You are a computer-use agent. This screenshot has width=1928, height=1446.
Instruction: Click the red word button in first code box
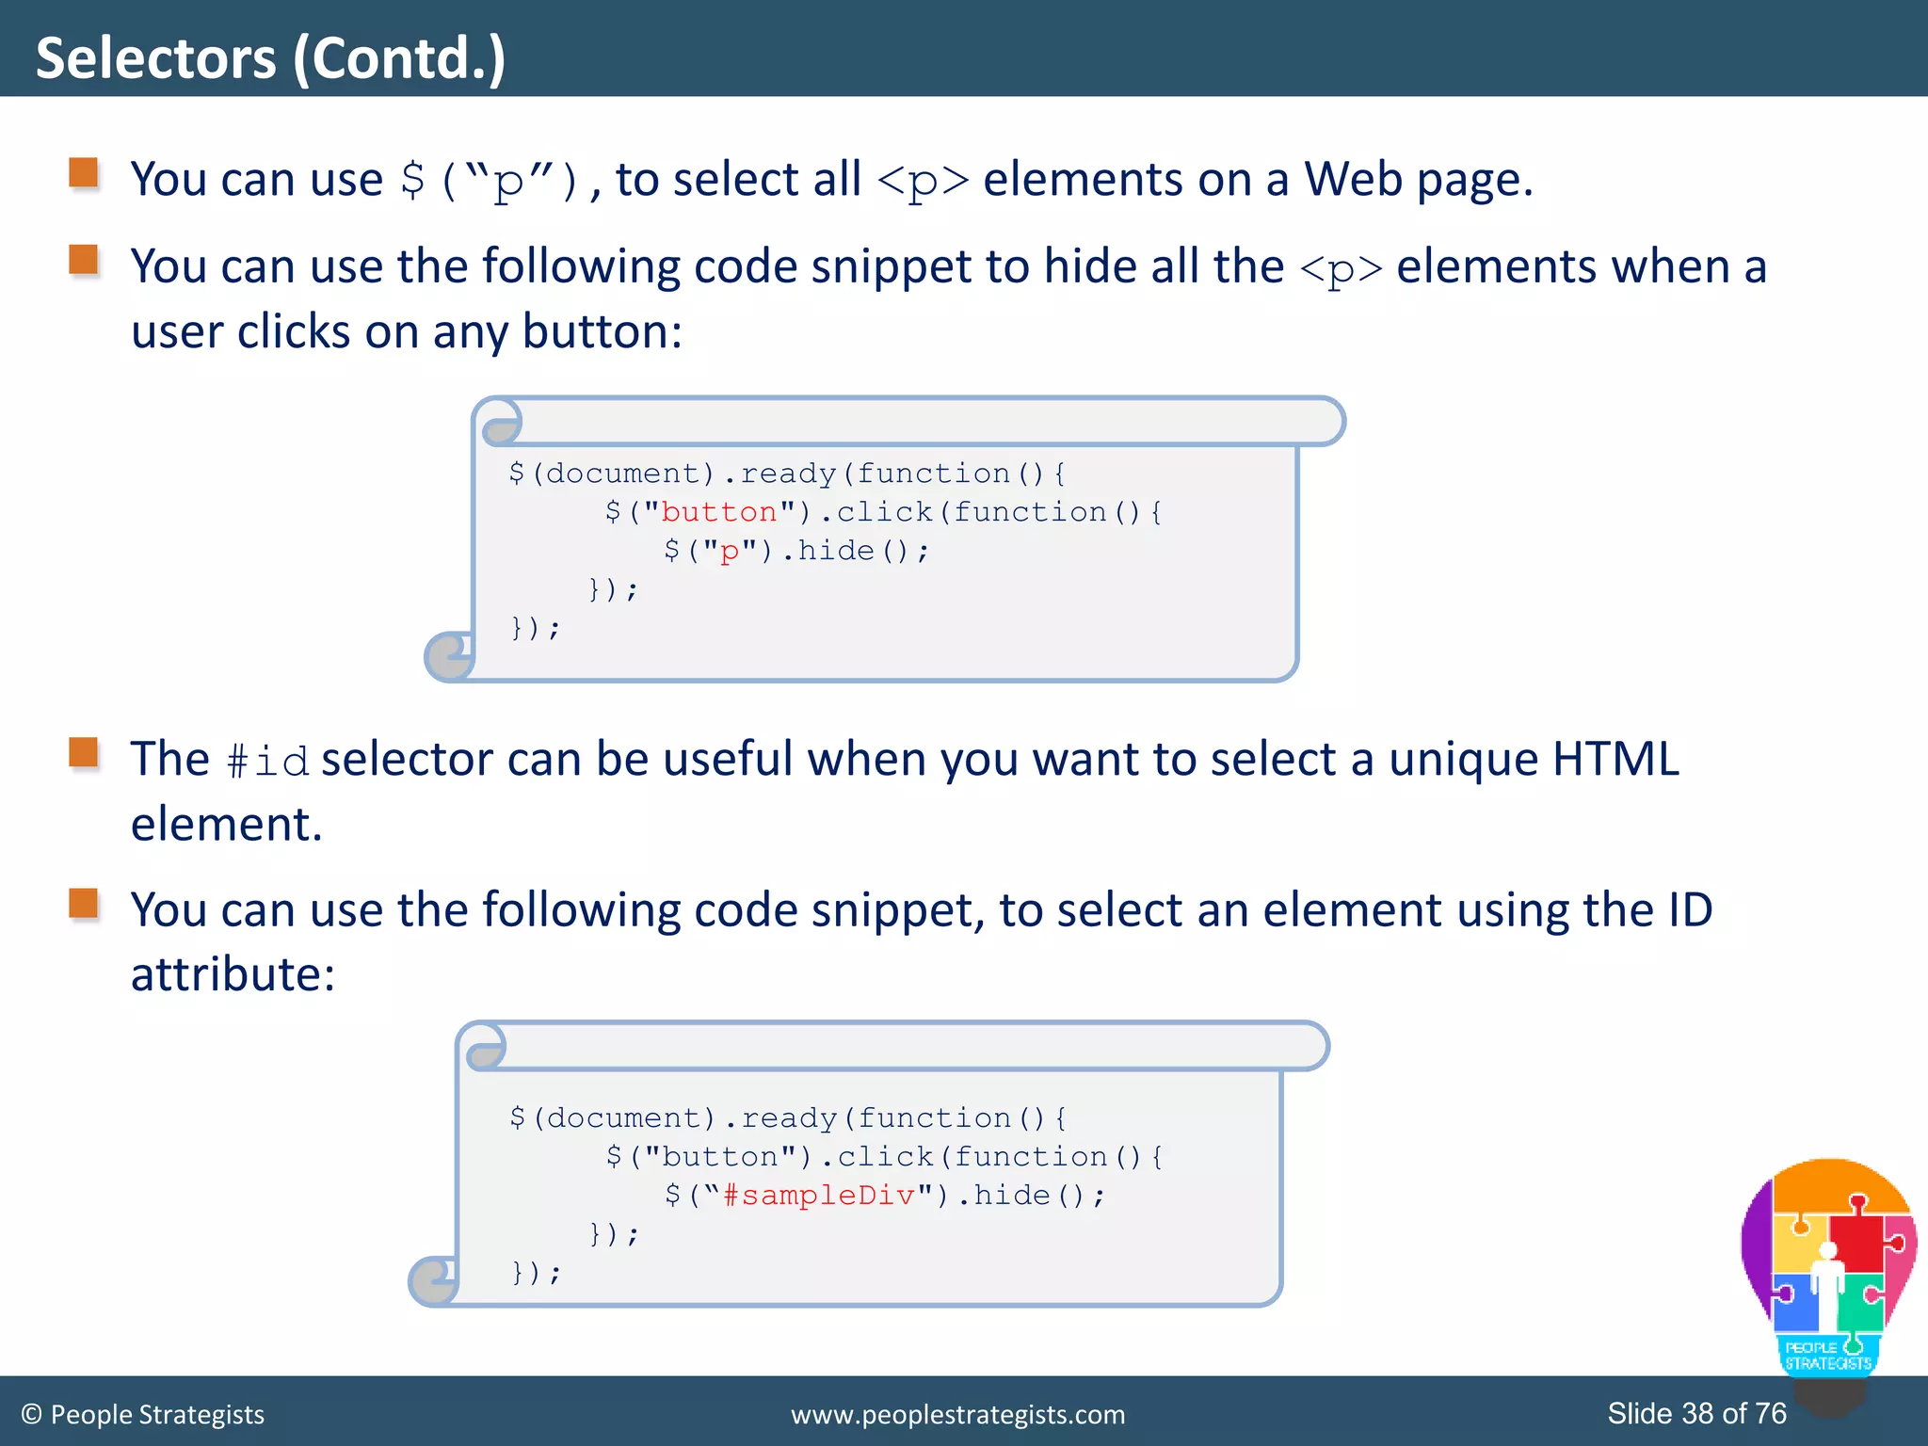click(x=719, y=512)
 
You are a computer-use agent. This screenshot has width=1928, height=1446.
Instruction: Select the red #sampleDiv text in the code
click(x=818, y=1196)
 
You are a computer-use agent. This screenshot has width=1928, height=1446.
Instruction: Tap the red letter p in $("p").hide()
click(x=730, y=552)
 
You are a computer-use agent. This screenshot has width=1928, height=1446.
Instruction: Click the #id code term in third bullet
click(x=268, y=761)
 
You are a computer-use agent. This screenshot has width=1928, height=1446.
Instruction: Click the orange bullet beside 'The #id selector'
click(x=84, y=753)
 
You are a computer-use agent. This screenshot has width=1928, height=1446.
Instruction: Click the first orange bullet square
click(x=84, y=173)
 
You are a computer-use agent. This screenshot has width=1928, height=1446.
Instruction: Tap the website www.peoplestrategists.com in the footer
click(x=957, y=1414)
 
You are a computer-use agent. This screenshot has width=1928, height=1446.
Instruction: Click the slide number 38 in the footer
click(x=1697, y=1413)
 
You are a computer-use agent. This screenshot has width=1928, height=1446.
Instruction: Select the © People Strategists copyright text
click(x=143, y=1414)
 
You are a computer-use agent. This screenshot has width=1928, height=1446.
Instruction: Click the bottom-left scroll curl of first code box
click(x=449, y=656)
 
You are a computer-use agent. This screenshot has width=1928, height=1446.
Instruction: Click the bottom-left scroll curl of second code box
click(x=433, y=1281)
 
